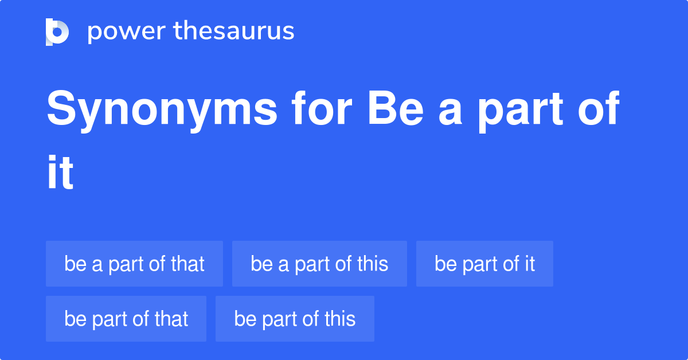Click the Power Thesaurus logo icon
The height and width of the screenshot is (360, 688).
(57, 32)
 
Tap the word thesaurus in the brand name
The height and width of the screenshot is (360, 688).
(234, 32)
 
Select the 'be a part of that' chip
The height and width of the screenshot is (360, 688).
(134, 264)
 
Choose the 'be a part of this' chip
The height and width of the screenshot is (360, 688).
(319, 264)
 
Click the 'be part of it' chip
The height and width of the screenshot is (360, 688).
(484, 264)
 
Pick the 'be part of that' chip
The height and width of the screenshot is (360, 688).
(126, 319)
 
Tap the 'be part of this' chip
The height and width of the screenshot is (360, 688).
(295, 319)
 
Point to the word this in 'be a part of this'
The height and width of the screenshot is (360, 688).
(373, 264)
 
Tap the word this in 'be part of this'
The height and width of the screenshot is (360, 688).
(340, 319)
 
